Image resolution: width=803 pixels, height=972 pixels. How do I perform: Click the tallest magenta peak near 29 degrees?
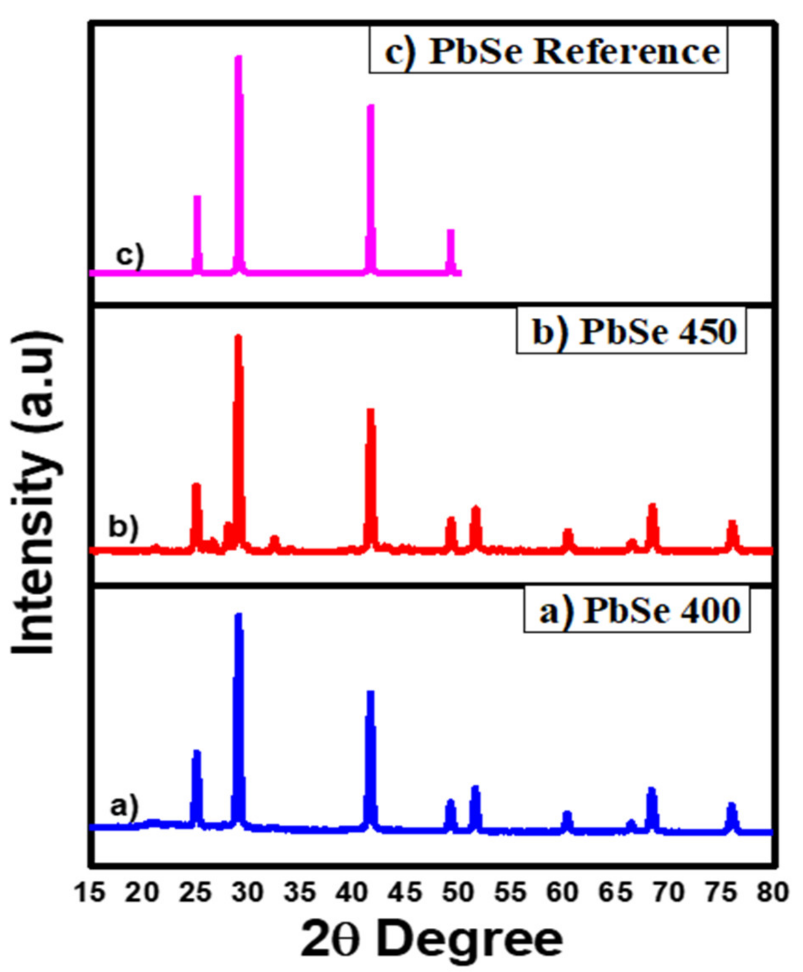tap(238, 58)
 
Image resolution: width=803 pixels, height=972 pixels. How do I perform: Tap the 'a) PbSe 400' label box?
tap(636, 611)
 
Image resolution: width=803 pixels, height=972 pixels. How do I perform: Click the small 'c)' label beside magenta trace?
tap(130, 255)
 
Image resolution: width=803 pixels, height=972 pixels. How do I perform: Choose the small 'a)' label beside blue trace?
tap(124, 807)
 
